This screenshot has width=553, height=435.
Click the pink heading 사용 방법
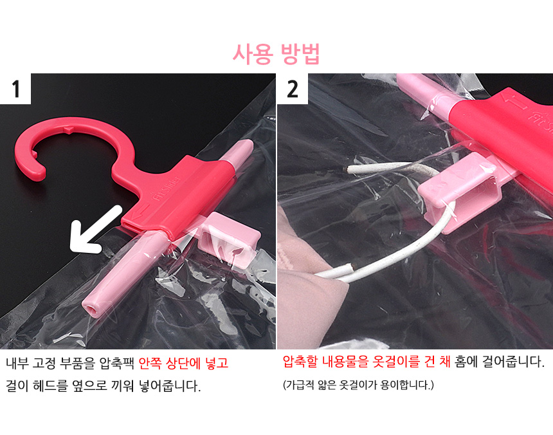click(x=276, y=53)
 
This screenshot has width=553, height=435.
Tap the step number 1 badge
click(x=15, y=89)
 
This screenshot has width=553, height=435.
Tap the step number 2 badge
click(x=293, y=89)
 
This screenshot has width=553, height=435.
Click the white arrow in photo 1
click(x=95, y=230)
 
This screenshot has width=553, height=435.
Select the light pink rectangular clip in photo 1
click(x=230, y=238)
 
